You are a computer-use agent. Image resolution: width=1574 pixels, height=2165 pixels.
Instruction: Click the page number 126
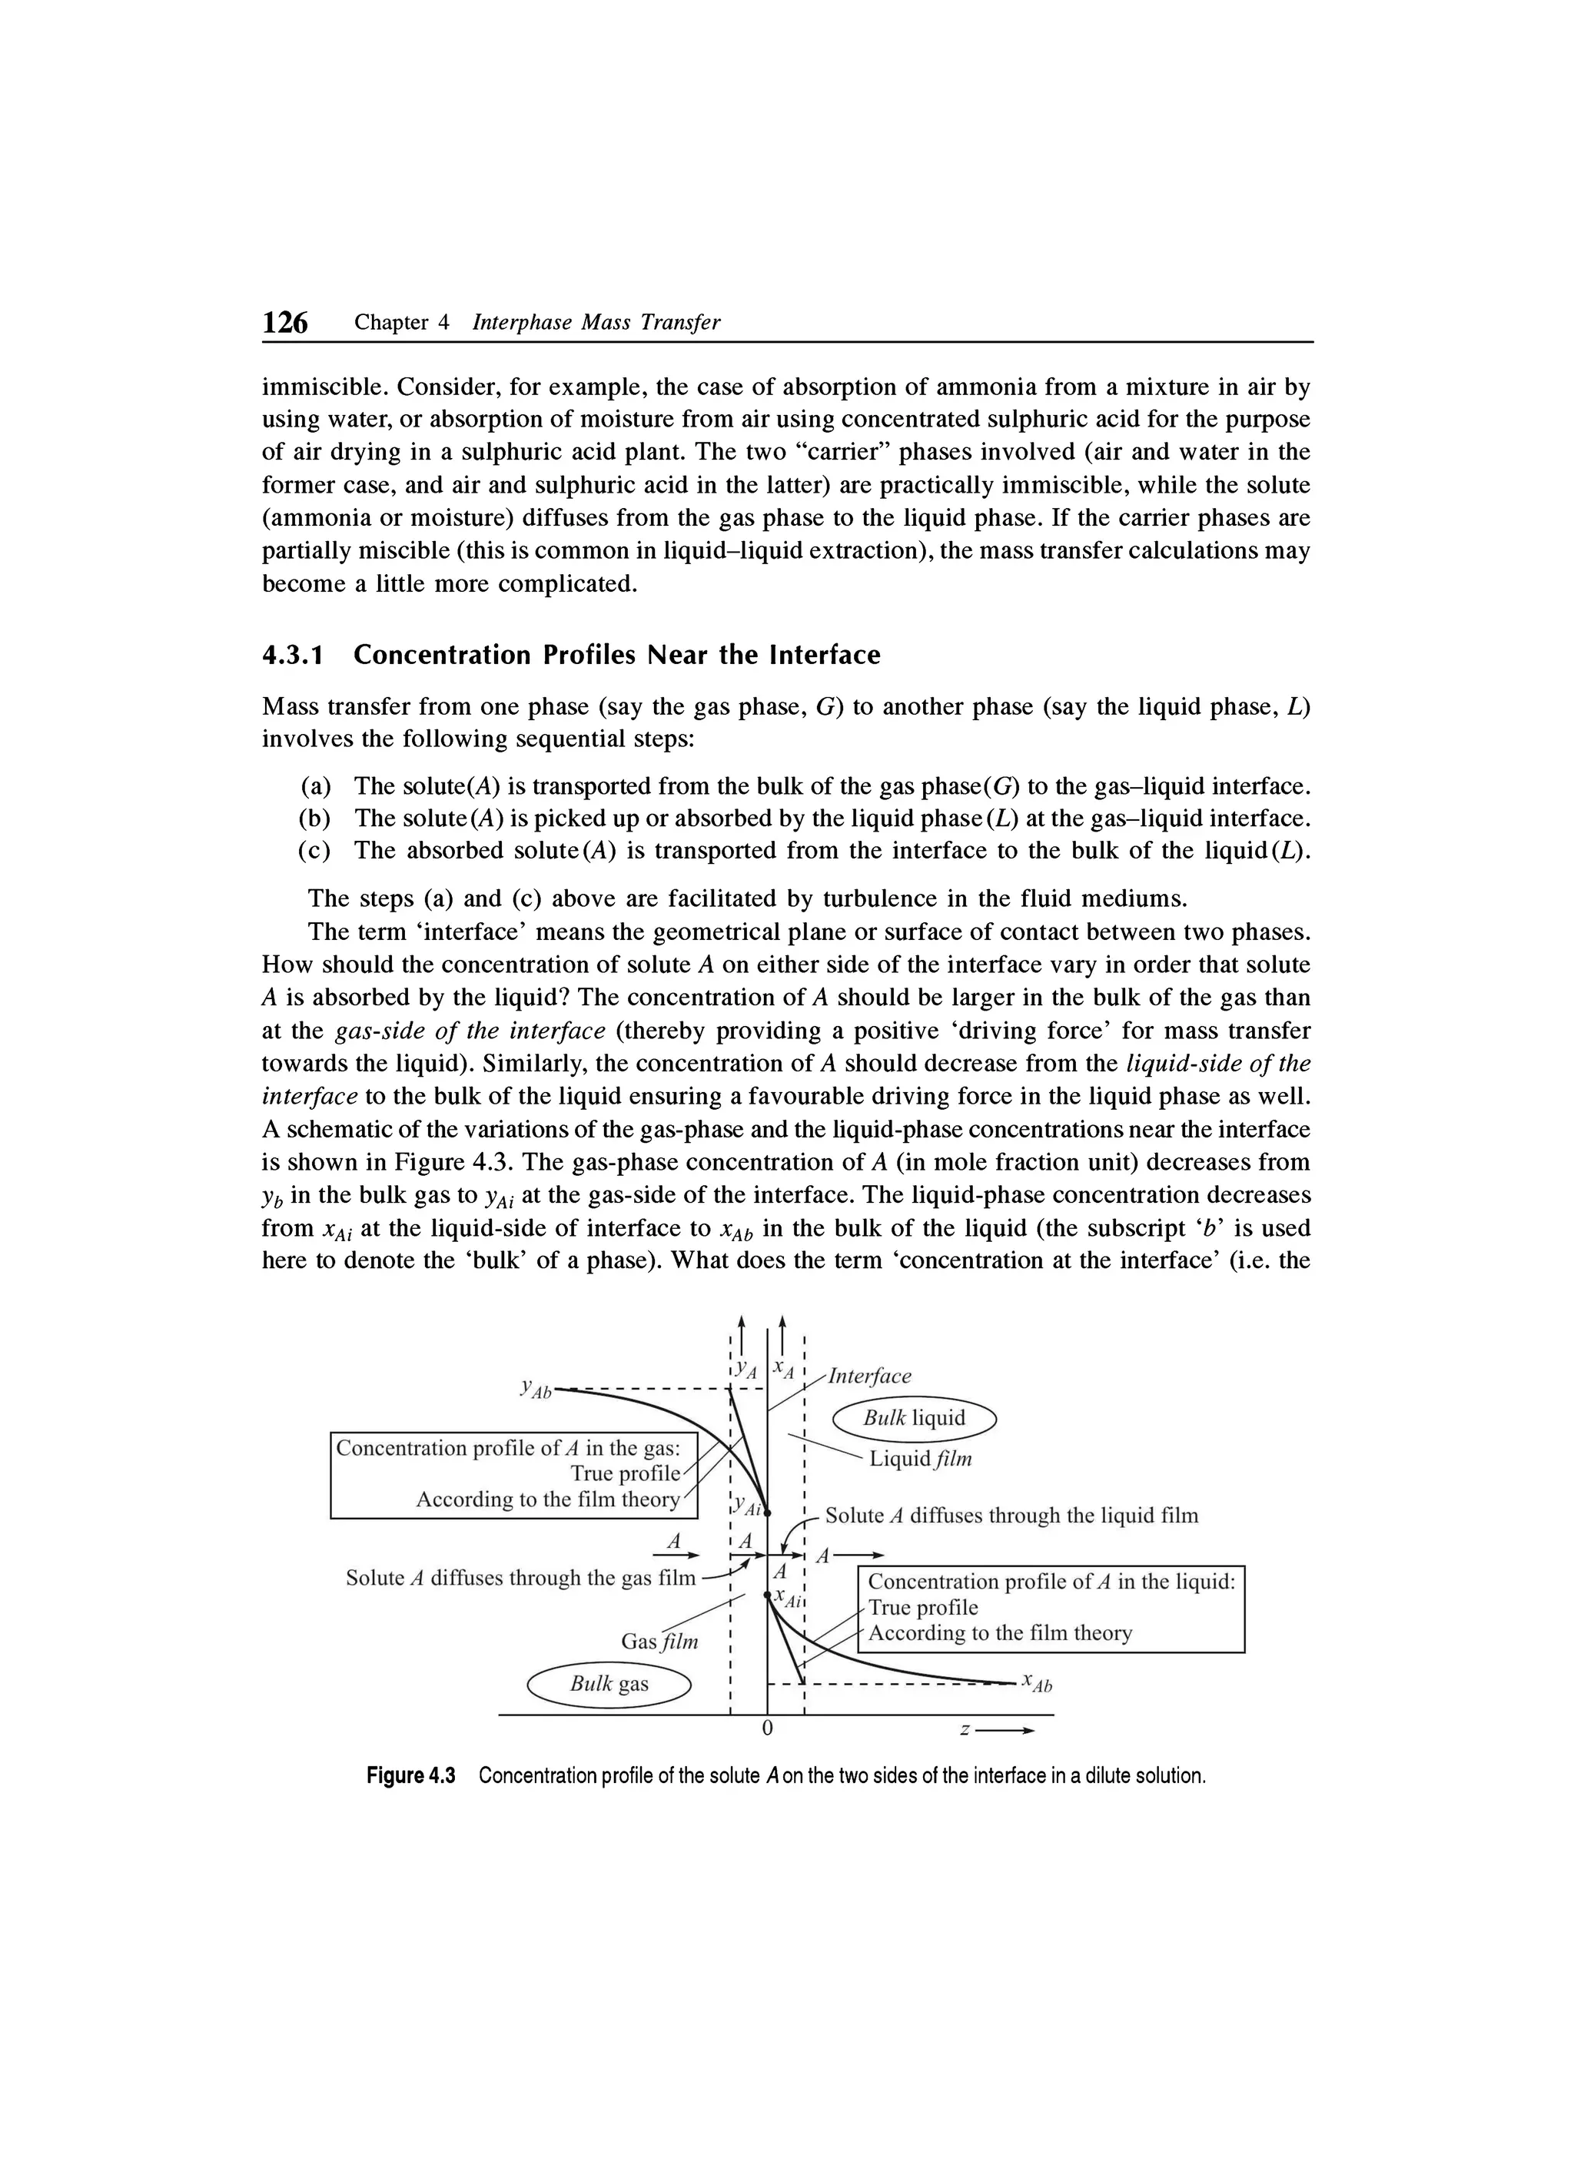coord(285,323)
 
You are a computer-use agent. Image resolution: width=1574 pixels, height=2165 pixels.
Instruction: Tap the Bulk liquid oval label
coord(914,1417)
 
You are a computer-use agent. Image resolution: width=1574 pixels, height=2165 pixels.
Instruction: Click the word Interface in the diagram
coord(868,1376)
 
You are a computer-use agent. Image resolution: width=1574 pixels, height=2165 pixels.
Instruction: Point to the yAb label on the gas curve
coord(536,1389)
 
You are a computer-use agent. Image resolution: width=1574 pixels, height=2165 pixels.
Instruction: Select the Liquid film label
coord(920,1459)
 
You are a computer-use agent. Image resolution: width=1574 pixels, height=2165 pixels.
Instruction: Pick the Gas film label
coord(659,1641)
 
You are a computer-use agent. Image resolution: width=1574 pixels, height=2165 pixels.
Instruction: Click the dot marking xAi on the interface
coord(768,1595)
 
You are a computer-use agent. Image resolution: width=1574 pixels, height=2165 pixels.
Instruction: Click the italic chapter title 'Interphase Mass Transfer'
coord(596,323)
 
